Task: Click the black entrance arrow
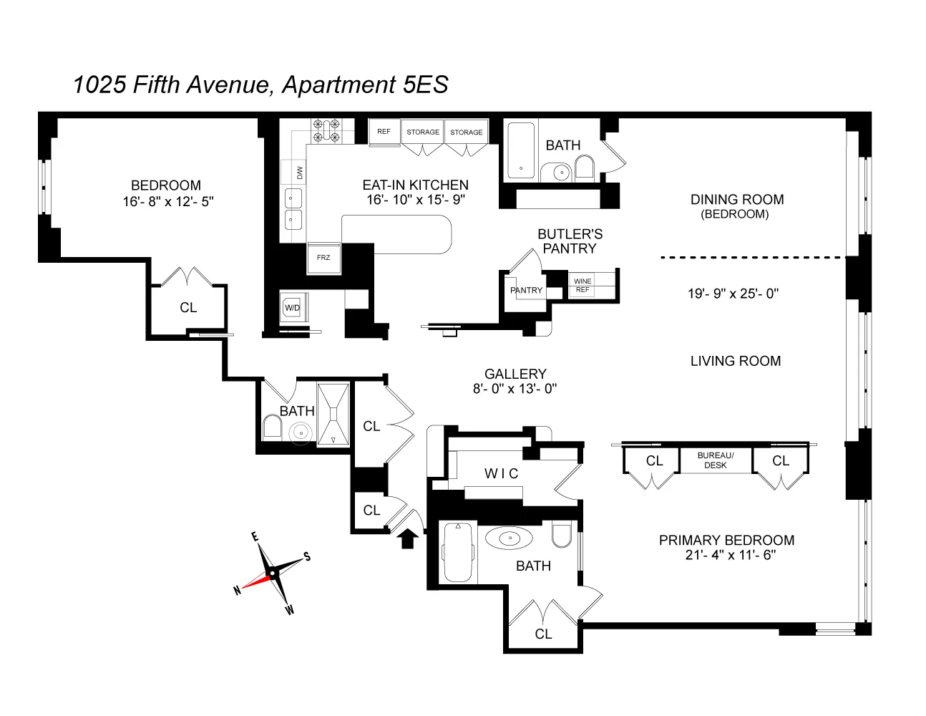[x=408, y=538]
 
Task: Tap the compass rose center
[x=272, y=574]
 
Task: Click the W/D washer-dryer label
[x=292, y=308]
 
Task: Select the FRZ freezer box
[x=323, y=258]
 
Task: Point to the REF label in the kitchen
[x=384, y=132]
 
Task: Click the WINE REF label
[x=583, y=286]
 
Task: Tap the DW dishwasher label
[x=300, y=173]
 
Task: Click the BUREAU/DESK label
[x=715, y=460]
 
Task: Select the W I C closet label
[x=501, y=474]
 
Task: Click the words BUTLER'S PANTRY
[x=570, y=241]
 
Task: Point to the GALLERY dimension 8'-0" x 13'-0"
[x=515, y=389]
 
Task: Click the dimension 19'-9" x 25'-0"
[x=733, y=294]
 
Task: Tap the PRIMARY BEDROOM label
[x=726, y=541]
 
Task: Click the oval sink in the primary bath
[x=509, y=538]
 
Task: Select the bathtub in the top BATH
[x=520, y=150]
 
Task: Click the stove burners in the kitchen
[x=326, y=130]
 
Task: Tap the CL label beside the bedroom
[x=188, y=308]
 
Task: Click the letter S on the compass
[x=307, y=556]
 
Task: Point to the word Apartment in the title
[x=338, y=84]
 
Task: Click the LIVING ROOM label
[x=735, y=362]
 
